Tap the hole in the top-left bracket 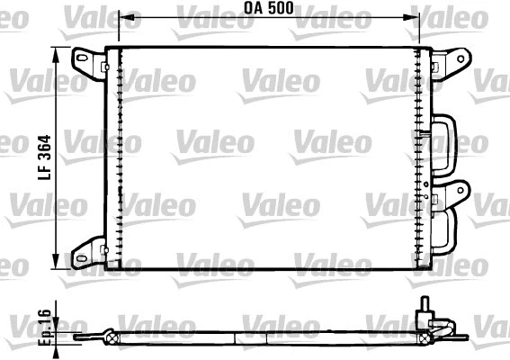tap(85, 60)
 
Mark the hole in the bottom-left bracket tap(85, 251)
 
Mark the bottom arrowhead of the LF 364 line tap(60, 262)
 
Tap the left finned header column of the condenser tap(115, 157)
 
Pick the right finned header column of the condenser tap(422, 157)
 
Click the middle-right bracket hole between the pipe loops tap(460, 190)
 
